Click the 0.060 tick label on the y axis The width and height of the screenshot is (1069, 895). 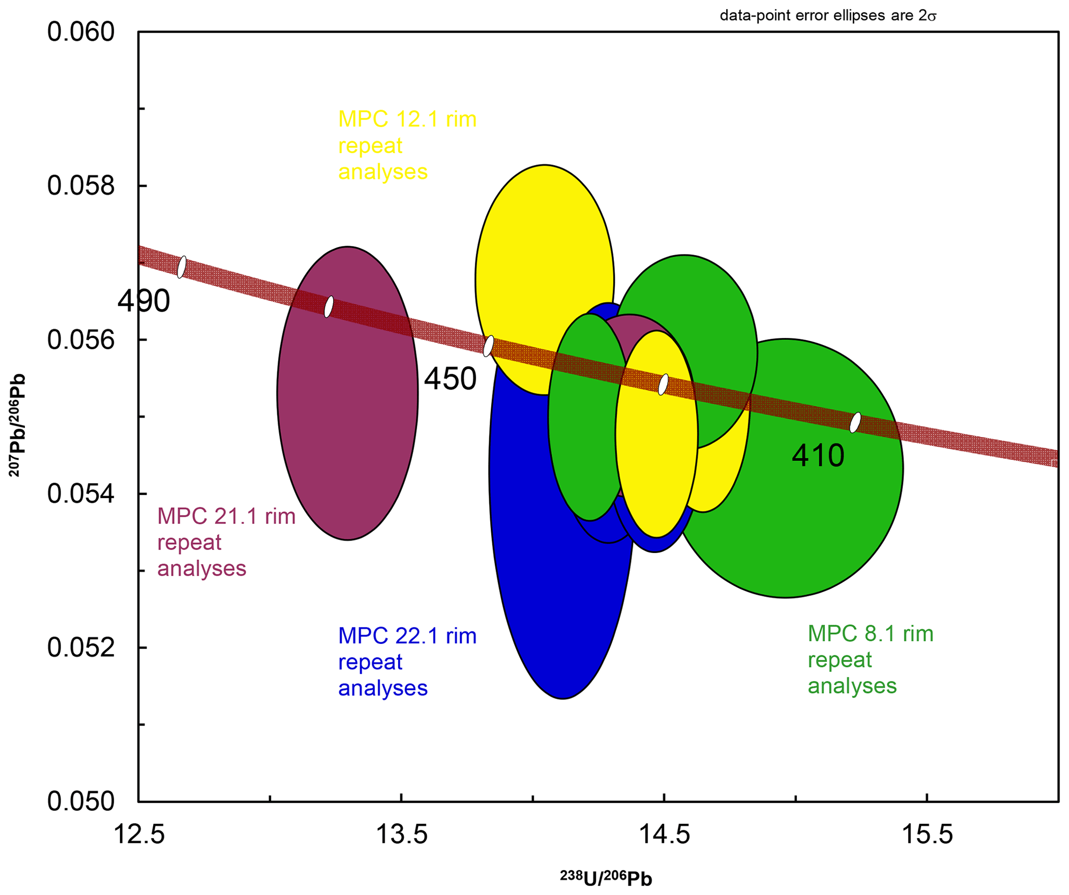(81, 32)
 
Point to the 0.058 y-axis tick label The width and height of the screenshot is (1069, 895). (81, 186)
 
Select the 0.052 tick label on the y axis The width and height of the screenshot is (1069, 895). (81, 648)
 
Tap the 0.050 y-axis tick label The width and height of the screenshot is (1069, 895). (81, 801)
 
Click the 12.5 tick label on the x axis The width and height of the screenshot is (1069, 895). (139, 835)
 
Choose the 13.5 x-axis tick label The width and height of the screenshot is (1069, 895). (401, 835)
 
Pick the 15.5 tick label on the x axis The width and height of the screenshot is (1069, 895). (927, 835)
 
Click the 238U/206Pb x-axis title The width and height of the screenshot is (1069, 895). (606, 878)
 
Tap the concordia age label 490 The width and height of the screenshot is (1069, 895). (143, 301)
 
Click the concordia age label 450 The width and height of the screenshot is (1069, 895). (450, 379)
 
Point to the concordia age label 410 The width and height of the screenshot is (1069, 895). (818, 456)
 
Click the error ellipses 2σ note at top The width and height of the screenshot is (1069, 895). (828, 16)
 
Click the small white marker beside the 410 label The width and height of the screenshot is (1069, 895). (855, 422)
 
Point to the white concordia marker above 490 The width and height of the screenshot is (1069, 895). (182, 267)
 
